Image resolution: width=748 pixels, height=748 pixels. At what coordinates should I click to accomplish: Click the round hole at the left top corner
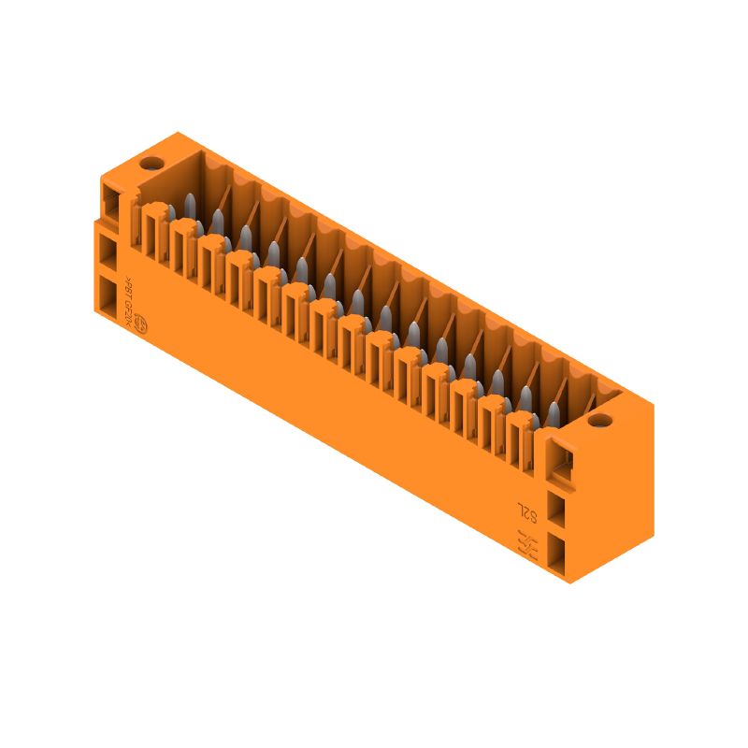pos(150,165)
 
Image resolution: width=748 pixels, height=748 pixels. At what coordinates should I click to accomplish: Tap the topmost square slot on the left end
pos(111,201)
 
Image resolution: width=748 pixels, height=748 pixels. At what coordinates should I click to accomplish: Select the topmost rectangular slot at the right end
pos(560,464)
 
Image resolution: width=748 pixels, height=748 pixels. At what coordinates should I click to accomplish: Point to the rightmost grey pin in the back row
pos(554,412)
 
